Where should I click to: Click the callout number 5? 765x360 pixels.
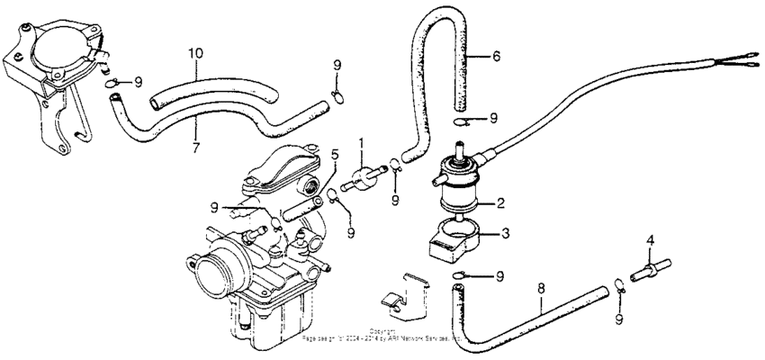[x=333, y=154]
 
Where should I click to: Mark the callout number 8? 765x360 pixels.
[x=540, y=289]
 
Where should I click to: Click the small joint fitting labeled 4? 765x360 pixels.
[x=652, y=269]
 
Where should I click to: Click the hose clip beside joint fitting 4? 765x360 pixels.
[x=620, y=288]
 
